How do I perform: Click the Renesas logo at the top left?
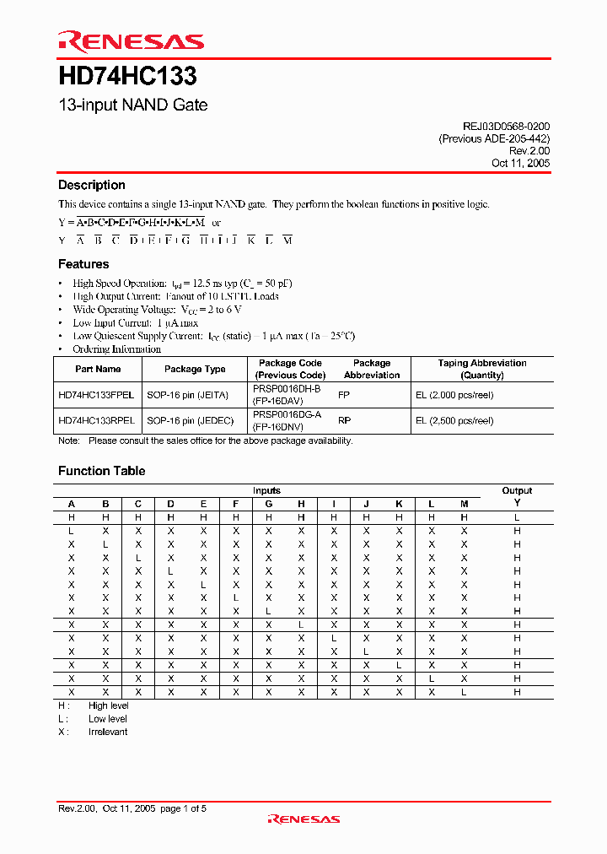[131, 41]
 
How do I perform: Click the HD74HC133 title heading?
[127, 77]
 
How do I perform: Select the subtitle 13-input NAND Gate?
[132, 105]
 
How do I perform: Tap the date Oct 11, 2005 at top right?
[520, 163]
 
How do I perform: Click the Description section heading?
[91, 185]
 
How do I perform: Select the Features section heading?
[83, 264]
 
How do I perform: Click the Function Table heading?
[101, 471]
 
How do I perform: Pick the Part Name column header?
[98, 369]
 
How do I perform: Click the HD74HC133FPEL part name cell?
[96, 395]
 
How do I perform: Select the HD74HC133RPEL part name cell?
[96, 420]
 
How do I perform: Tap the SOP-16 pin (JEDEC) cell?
[190, 420]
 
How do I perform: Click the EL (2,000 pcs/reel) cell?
[454, 395]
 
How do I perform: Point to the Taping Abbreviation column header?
[482, 369]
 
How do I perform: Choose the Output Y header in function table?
[517, 496]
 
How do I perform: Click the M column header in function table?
[464, 504]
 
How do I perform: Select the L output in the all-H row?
[517, 516]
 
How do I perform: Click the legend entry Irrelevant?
[108, 732]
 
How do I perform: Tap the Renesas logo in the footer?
[303, 819]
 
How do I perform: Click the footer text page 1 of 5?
[183, 808]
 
